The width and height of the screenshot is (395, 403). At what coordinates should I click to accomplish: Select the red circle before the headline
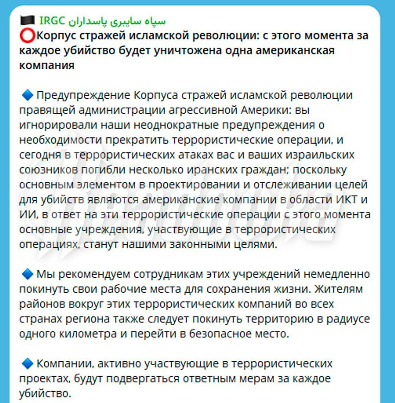click(27, 36)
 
